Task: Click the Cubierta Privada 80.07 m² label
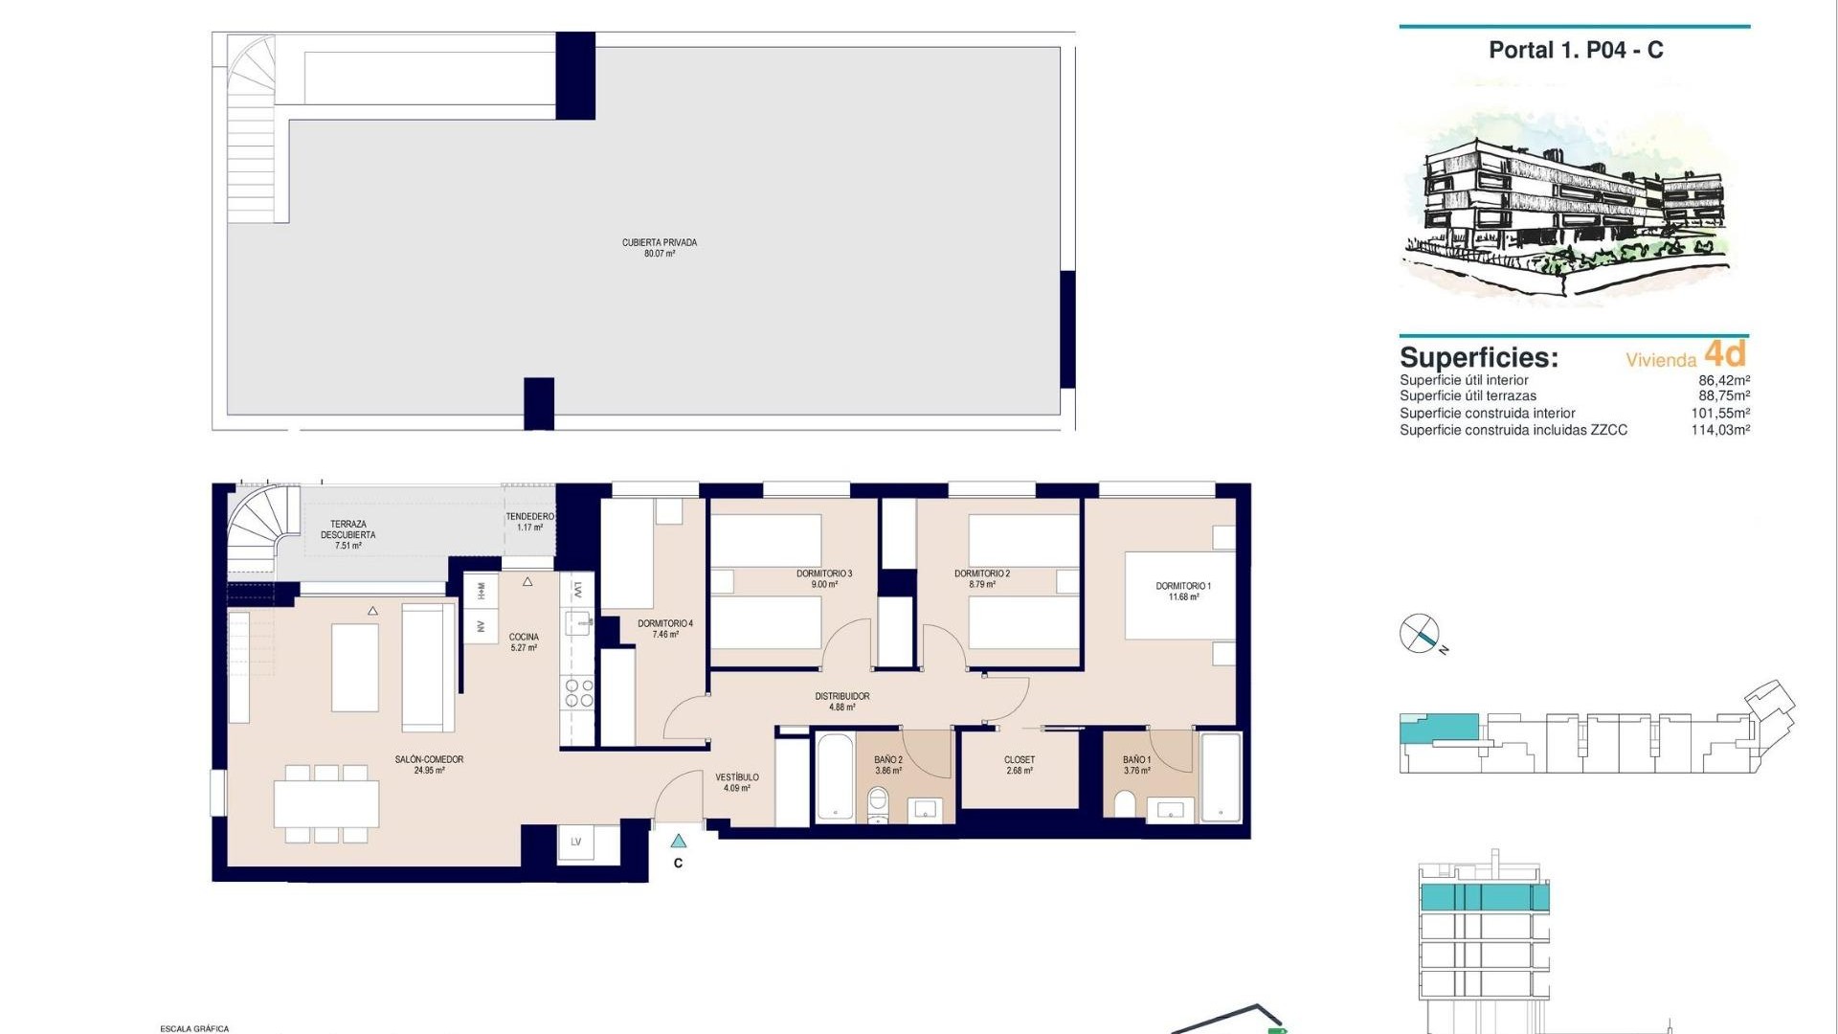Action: click(x=660, y=248)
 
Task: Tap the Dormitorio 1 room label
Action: click(x=1182, y=591)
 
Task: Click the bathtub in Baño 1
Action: click(x=1221, y=776)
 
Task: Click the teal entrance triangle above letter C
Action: click(x=679, y=842)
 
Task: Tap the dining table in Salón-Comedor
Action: click(x=326, y=804)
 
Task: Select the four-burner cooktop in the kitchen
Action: click(x=577, y=693)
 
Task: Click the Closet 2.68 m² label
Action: click(x=1019, y=765)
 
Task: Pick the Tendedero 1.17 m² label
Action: click(x=529, y=522)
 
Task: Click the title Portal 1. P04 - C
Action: click(x=1576, y=51)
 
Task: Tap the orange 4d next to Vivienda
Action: click(x=1725, y=354)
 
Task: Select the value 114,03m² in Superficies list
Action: click(x=1719, y=431)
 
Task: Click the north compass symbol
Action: click(x=1420, y=634)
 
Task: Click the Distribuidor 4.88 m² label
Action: click(x=842, y=702)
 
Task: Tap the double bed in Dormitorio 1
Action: click(x=1179, y=596)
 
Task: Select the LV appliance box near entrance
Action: click(x=576, y=843)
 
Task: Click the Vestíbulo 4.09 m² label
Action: click(x=736, y=782)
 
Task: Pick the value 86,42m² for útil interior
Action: click(x=1723, y=380)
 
